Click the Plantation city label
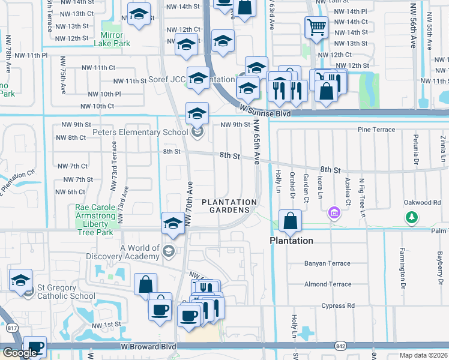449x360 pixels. click(x=291, y=241)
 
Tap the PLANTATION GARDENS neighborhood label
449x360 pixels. click(x=229, y=206)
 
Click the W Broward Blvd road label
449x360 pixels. click(x=148, y=346)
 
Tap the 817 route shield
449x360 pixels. click(x=11, y=328)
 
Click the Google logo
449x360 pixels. click(x=19, y=353)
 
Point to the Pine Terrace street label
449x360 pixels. click(x=376, y=130)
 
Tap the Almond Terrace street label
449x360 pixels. click(x=328, y=284)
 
